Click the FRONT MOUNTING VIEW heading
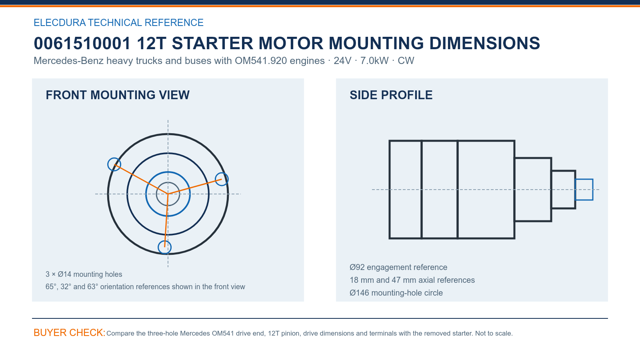(118, 95)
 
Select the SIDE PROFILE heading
(391, 95)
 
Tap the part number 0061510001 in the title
(82, 44)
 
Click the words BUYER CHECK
(70, 332)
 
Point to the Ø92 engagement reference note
(398, 267)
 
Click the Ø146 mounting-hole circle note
(396, 293)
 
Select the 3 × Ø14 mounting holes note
(84, 274)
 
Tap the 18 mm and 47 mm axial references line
(412, 280)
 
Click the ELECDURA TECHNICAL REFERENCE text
(118, 22)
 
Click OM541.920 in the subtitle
(260, 61)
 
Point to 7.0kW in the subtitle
(374, 61)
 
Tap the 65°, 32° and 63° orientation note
(145, 286)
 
